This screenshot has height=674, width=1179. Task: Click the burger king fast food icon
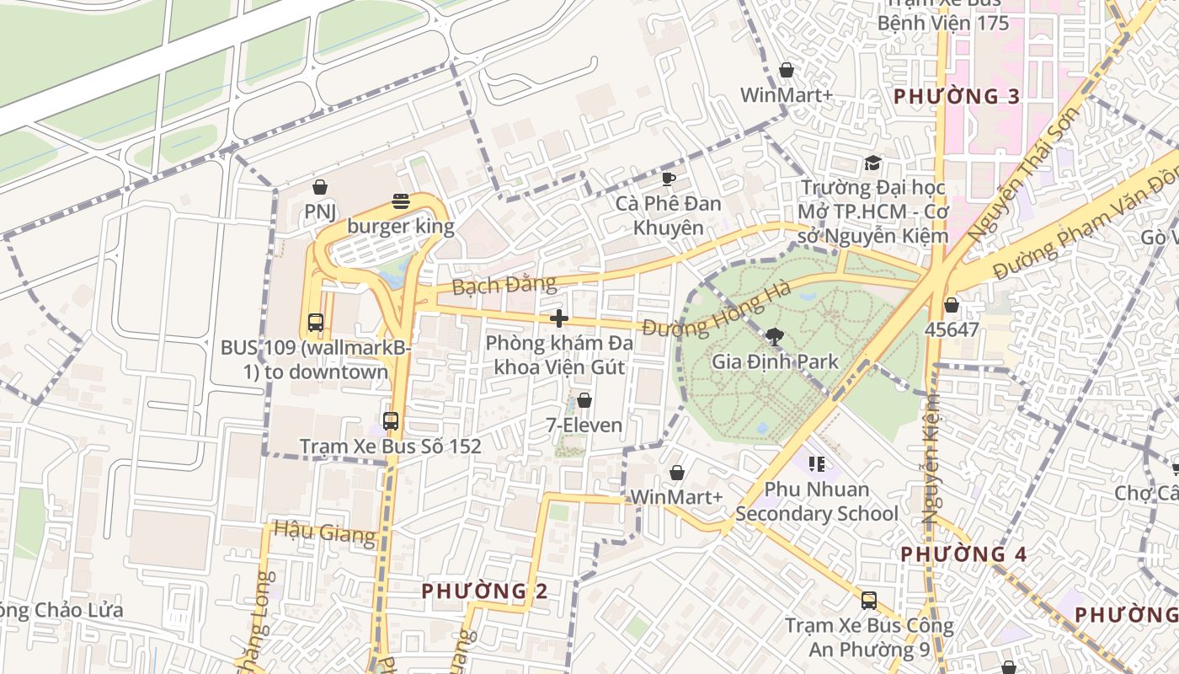point(401,201)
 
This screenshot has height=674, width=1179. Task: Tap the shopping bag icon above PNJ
point(320,187)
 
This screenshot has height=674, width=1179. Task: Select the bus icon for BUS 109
point(316,322)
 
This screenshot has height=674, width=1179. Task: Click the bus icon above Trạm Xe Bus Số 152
point(391,420)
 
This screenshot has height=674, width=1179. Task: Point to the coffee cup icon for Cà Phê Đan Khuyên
point(669,179)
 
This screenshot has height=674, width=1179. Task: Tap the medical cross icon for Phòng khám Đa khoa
point(558,318)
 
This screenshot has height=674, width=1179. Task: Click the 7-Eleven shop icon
point(584,400)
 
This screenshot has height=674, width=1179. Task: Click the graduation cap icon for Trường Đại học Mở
point(872,163)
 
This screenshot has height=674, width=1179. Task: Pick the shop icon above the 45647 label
point(952,305)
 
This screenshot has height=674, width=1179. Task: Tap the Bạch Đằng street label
point(504,285)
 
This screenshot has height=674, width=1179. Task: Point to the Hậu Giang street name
point(324,532)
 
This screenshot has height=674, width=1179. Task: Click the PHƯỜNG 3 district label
point(957,96)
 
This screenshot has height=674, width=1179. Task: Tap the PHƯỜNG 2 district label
point(484,591)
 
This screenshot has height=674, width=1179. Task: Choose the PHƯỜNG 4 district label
point(963,554)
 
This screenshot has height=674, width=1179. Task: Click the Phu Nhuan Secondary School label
point(817,501)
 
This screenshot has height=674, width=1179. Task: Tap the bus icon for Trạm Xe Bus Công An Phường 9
point(869,601)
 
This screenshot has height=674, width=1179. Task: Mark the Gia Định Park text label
point(775,362)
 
